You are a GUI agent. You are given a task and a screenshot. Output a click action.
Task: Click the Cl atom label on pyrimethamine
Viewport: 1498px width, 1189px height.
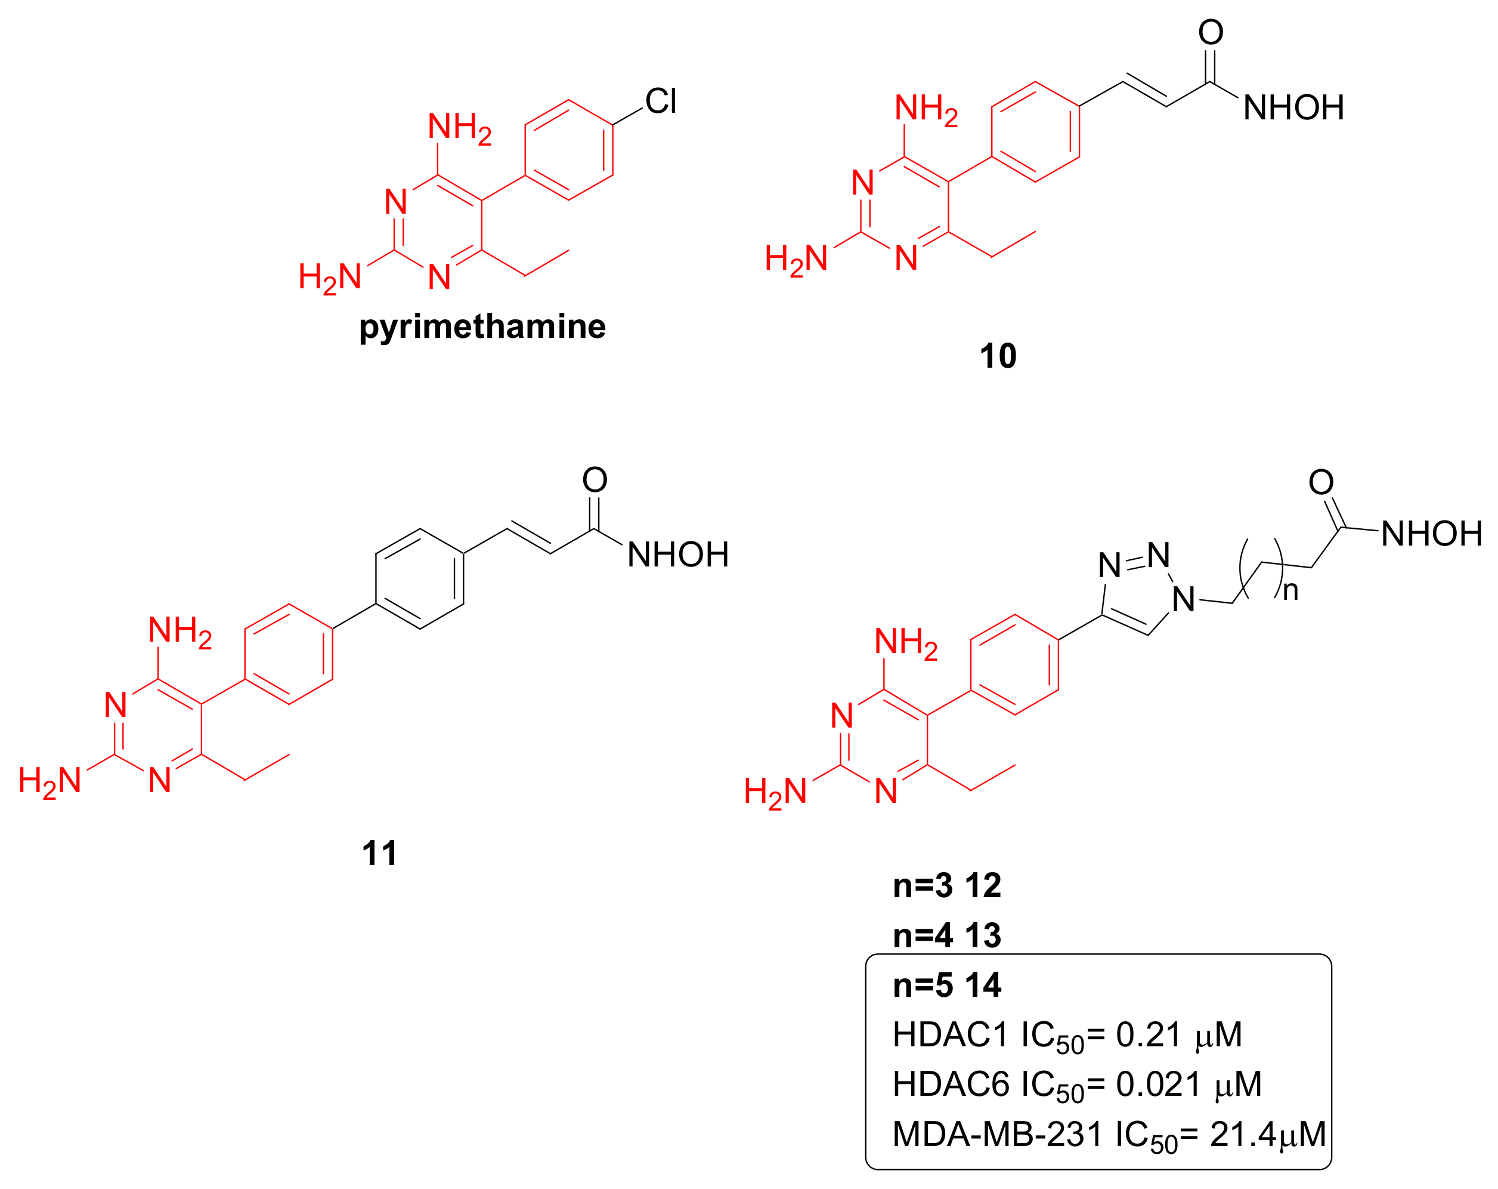click(x=660, y=101)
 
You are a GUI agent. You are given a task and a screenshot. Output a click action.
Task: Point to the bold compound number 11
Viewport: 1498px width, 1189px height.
click(x=379, y=853)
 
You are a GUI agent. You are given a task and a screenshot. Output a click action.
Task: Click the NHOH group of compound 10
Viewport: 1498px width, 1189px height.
click(x=1293, y=109)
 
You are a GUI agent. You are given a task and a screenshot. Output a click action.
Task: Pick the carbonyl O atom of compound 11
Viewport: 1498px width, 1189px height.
click(x=595, y=480)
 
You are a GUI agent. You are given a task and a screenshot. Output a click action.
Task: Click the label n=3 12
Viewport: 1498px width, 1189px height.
click(x=947, y=886)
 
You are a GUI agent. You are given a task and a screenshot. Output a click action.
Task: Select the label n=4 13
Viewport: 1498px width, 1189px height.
click(x=947, y=936)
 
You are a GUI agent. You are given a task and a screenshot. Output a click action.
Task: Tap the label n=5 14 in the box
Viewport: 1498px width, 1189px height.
click(x=947, y=985)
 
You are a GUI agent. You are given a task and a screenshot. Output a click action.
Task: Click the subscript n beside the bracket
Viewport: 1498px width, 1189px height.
click(x=1290, y=591)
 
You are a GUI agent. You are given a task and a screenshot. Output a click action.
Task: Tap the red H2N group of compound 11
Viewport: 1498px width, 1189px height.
click(x=50, y=781)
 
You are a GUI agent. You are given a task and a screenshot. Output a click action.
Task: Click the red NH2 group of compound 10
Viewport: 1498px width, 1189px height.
click(x=926, y=109)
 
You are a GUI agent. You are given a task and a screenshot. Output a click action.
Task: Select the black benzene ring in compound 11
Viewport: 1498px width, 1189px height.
click(x=420, y=579)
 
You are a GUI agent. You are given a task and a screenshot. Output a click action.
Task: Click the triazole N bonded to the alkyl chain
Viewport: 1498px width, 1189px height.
click(x=1183, y=599)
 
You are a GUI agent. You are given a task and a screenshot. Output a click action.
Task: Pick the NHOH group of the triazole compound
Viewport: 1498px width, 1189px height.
click(x=1431, y=534)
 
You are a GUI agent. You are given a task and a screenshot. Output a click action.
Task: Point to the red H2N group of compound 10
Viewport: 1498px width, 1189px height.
click(x=796, y=260)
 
